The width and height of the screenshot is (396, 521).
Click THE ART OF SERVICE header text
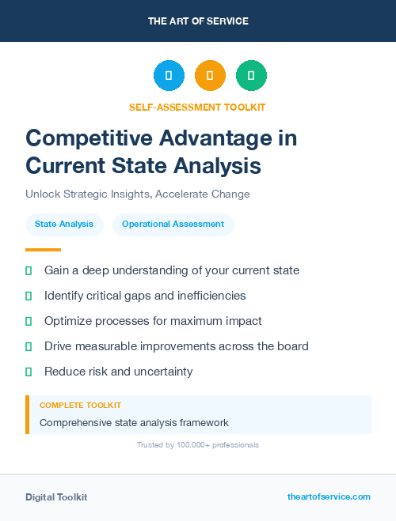[x=198, y=21]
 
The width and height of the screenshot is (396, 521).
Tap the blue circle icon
[x=169, y=76]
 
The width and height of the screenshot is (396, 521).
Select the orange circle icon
[x=210, y=76]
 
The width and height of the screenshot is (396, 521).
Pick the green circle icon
[x=251, y=76]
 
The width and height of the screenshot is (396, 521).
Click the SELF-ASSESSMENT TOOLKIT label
[x=197, y=107]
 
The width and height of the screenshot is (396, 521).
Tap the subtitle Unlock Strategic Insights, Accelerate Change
[x=138, y=194]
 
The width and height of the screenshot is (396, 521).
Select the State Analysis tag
[x=64, y=225]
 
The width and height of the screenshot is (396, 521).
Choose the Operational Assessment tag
[x=173, y=225]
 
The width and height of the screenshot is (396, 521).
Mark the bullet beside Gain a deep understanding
[x=29, y=270]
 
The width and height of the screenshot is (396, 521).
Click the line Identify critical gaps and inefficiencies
[x=145, y=296]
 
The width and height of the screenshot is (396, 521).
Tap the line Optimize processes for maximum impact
[x=153, y=321]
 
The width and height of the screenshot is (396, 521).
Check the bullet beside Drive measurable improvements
[x=29, y=346]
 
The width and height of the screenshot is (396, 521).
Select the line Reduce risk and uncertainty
[x=119, y=372]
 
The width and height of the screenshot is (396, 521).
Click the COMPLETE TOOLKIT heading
[x=81, y=405]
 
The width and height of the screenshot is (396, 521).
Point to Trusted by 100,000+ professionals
[x=197, y=445]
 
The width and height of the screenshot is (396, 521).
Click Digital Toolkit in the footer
[x=56, y=497]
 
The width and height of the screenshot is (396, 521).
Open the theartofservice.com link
[x=329, y=496]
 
